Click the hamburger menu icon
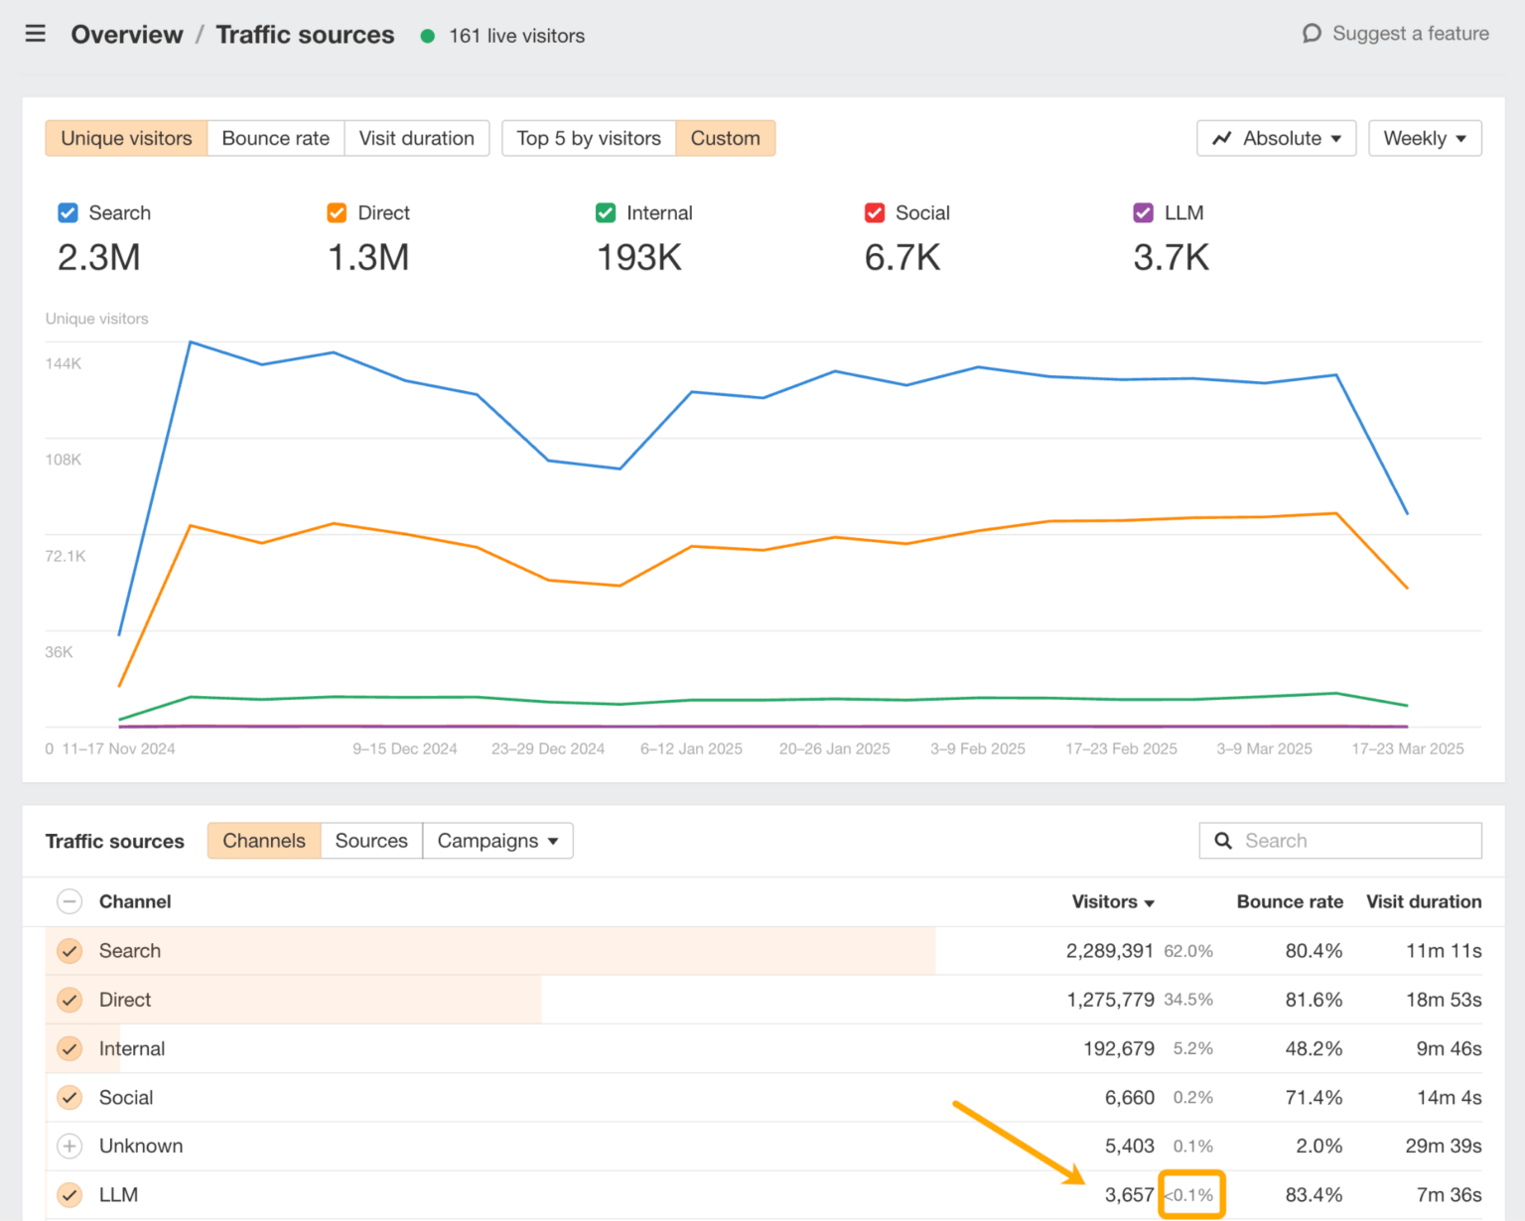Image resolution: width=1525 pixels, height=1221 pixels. tap(36, 35)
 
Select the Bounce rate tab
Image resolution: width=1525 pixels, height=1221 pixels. tap(275, 138)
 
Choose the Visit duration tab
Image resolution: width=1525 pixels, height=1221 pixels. tap(416, 138)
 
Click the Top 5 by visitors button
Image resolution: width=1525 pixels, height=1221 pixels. tap(588, 138)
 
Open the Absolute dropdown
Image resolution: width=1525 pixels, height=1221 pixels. tap(1276, 138)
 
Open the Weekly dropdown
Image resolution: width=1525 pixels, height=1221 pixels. tap(1424, 138)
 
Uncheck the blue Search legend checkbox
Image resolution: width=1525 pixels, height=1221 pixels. tap(68, 213)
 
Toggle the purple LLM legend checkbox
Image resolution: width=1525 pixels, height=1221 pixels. tap(1143, 213)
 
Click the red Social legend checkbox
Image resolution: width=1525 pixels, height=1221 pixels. tap(875, 213)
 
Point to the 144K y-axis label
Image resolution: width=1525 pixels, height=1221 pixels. tap(64, 363)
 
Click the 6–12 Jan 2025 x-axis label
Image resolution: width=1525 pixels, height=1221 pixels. tap(691, 748)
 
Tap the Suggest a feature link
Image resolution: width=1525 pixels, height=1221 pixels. tap(1396, 34)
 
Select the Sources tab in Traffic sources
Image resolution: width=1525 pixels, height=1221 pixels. tap(371, 841)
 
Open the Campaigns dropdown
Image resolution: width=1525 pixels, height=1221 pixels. tap(497, 841)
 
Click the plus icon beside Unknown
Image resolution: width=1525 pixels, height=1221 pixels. tap(69, 1147)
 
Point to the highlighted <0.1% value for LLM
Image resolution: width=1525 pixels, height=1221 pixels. tap(1190, 1195)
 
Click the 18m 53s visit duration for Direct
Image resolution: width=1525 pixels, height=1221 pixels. tap(1443, 1000)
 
